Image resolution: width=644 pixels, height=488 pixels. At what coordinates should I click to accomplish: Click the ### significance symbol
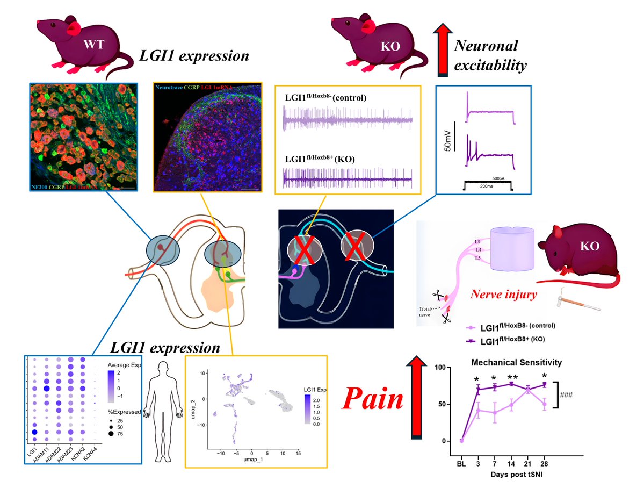tap(567, 394)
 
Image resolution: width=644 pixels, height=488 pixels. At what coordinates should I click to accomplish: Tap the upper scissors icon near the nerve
tap(437, 296)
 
